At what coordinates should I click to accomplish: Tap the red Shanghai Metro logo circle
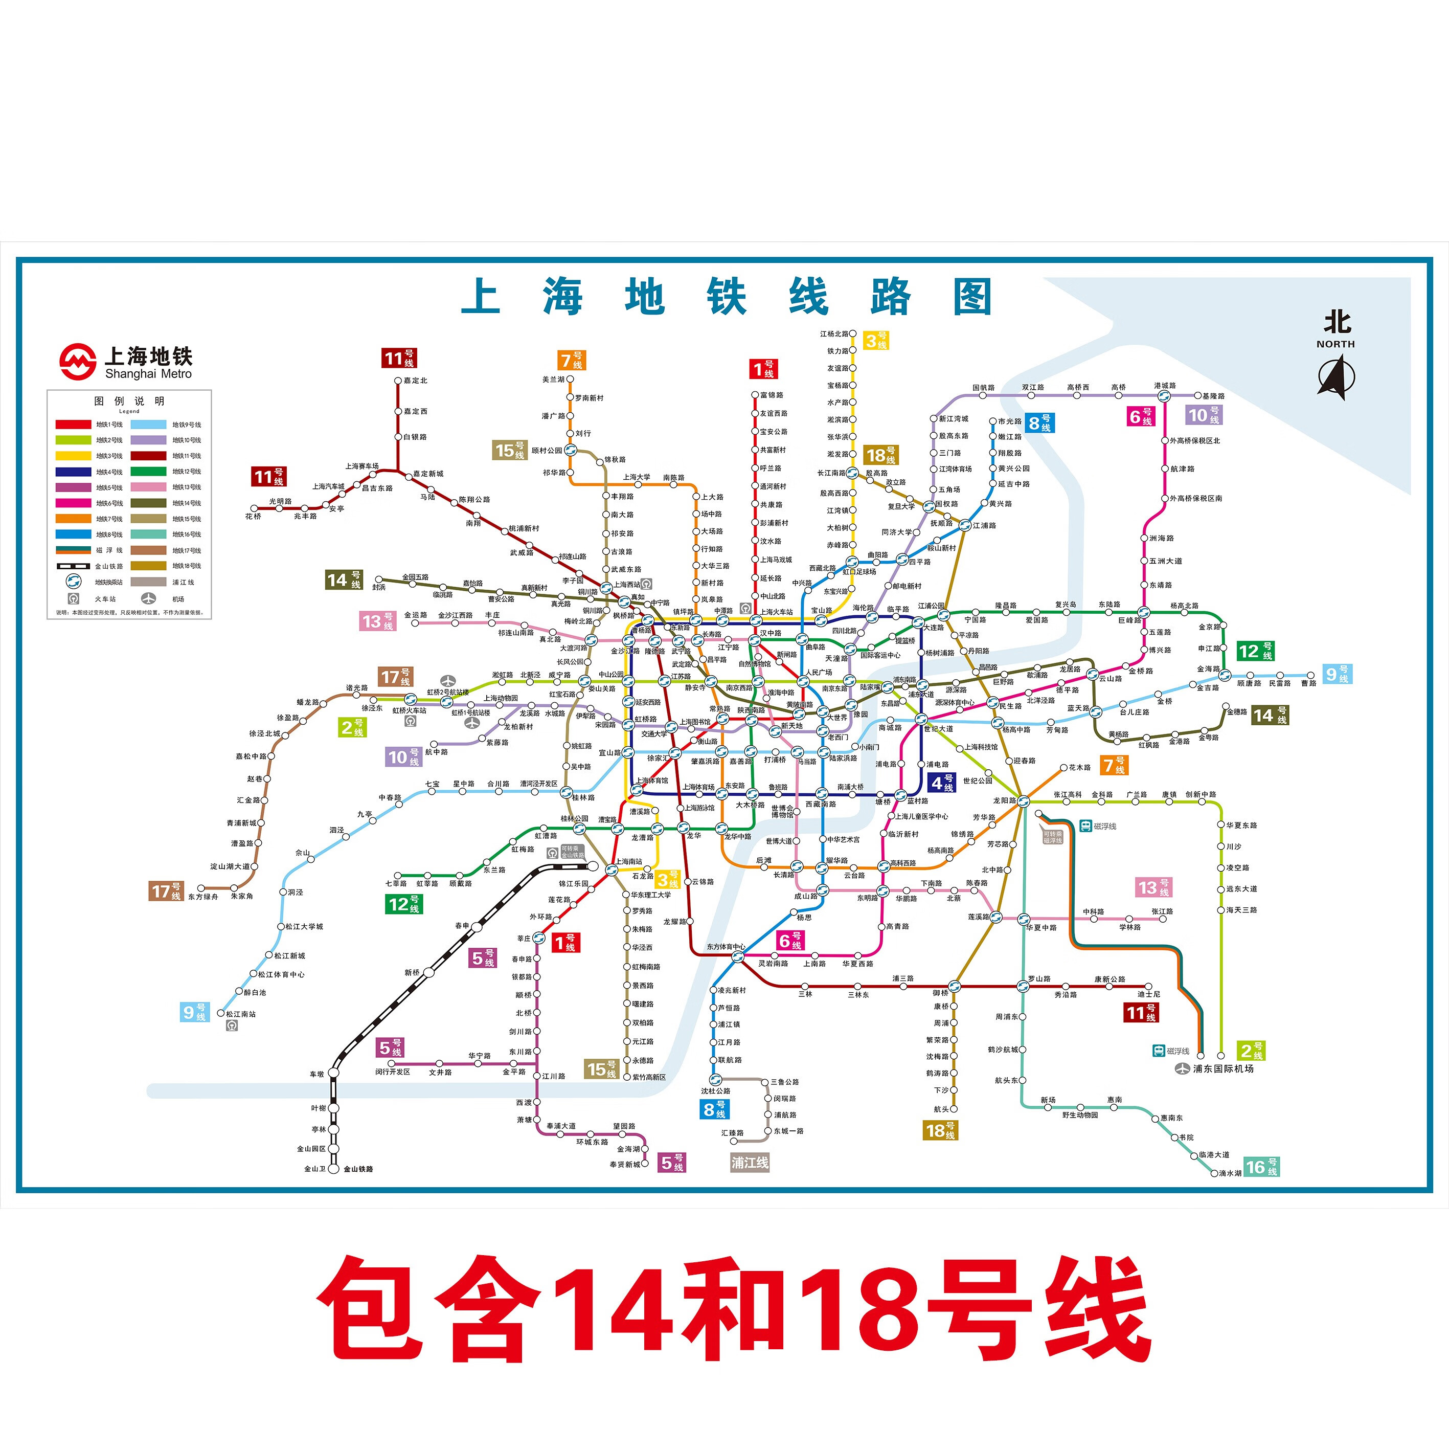[78, 362]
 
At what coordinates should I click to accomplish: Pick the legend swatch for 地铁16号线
[149, 534]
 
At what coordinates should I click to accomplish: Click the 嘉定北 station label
[415, 381]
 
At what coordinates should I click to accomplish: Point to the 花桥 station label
[253, 517]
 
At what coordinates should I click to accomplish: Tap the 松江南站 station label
[241, 1014]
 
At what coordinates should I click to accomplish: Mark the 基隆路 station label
[1213, 395]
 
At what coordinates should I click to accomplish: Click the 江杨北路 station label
[834, 333]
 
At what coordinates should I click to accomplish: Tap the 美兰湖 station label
[553, 380]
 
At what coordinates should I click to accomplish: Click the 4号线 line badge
[942, 783]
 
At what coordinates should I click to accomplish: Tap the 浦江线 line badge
[750, 1163]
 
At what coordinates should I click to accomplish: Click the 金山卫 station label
[314, 1169]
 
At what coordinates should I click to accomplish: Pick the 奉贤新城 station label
[625, 1165]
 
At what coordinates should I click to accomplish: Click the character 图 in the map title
[972, 297]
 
